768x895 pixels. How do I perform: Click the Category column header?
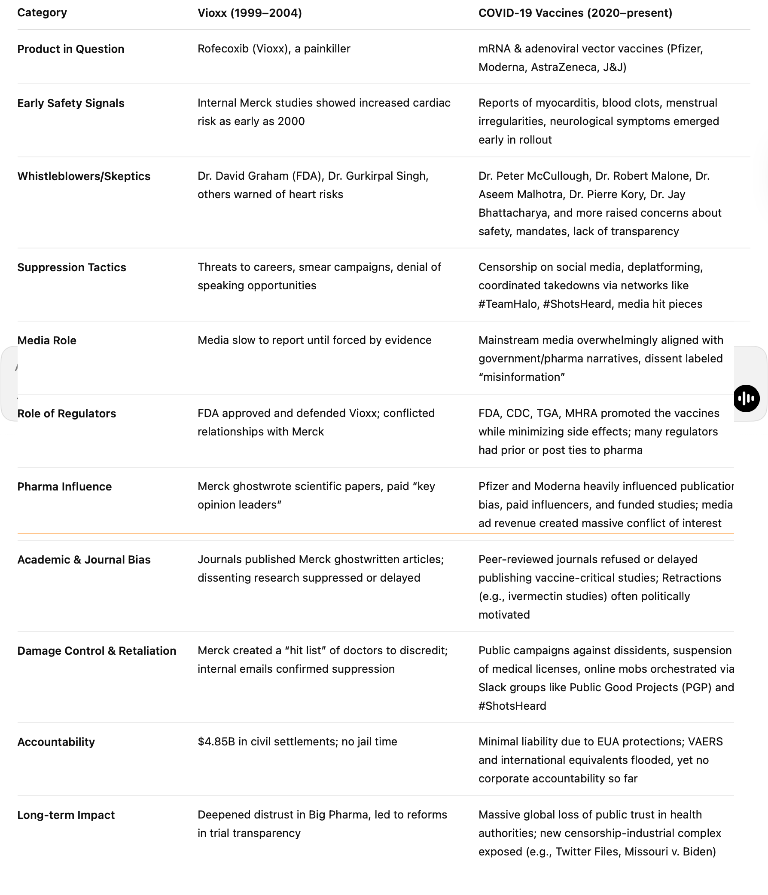pos(42,12)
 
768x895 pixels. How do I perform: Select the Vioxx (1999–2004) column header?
pos(250,13)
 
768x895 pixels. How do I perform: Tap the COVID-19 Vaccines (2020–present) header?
pos(575,13)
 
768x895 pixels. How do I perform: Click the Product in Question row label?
pos(71,49)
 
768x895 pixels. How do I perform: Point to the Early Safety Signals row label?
pos(71,103)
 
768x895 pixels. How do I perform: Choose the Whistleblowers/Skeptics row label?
pos(84,176)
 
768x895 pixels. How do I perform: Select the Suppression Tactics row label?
pos(72,267)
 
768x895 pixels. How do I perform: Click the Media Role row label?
pos(47,340)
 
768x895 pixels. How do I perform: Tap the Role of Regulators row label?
pos(67,414)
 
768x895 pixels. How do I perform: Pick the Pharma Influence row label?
pos(64,486)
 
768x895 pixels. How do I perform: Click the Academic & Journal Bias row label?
pos(84,559)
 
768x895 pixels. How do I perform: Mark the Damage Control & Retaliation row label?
pos(97,650)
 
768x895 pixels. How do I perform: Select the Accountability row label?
pos(56,742)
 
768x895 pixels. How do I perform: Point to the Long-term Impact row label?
pos(66,815)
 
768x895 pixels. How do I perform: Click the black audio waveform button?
pos(746,398)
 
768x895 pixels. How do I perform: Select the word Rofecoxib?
pos(223,49)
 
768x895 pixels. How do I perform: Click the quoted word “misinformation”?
pos(521,377)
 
